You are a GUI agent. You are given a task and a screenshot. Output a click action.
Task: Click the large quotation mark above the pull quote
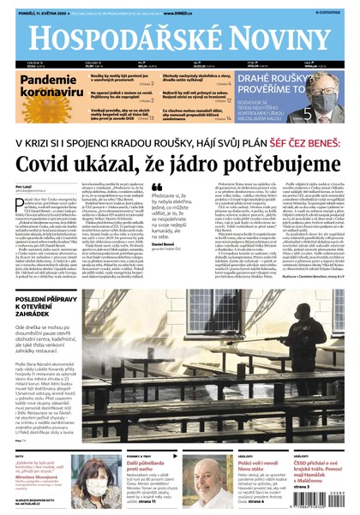[157, 187]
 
